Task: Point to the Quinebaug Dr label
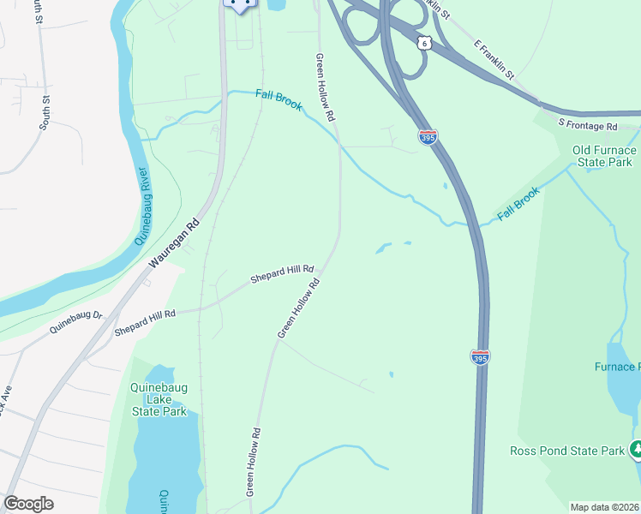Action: coord(75,321)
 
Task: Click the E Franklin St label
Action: coord(493,59)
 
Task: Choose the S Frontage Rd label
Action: coord(587,126)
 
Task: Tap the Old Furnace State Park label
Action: coord(602,156)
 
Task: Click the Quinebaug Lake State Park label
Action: coord(159,399)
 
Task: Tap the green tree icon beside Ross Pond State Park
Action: coord(635,449)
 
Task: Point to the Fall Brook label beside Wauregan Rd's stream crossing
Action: coord(279,100)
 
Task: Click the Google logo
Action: coord(28,503)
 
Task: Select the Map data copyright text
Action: coord(604,507)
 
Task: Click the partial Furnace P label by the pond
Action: coord(616,368)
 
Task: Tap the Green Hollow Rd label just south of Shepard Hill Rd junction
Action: coord(298,307)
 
